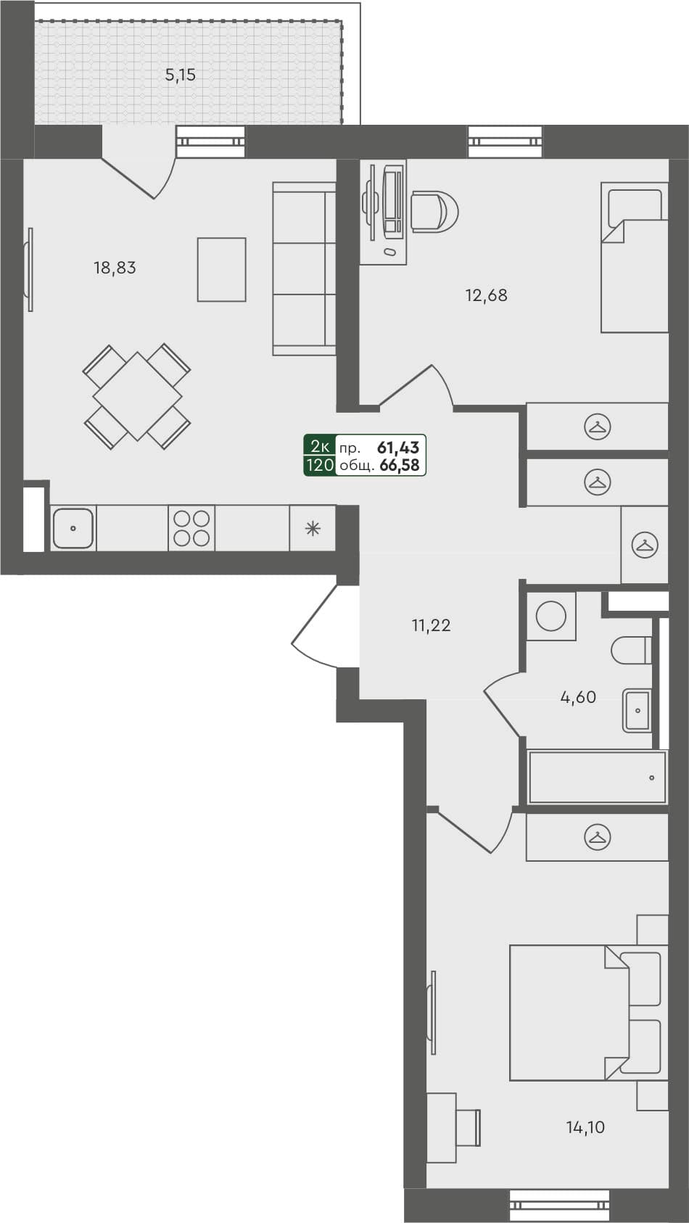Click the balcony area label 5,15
click(181, 75)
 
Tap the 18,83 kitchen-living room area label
click(115, 268)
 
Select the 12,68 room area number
click(486, 295)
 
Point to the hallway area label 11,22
click(431, 625)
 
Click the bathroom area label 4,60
click(578, 698)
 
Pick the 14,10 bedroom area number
click(585, 1127)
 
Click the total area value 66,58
click(400, 466)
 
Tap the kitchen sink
click(73, 528)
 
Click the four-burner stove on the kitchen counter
click(192, 528)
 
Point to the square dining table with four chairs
click(137, 396)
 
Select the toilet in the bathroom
click(631, 651)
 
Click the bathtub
click(597, 777)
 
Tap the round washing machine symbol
click(551, 617)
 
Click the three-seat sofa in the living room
click(304, 268)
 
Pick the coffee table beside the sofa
click(221, 269)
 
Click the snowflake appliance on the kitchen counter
click(313, 528)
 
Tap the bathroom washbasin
click(636, 711)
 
